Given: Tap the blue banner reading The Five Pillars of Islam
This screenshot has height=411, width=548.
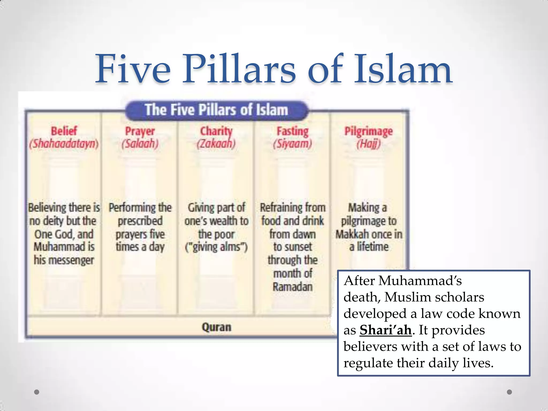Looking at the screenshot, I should [x=216, y=110].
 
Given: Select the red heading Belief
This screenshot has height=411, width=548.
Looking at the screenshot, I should [x=64, y=131].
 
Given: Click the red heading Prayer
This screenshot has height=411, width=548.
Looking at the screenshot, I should [x=140, y=131].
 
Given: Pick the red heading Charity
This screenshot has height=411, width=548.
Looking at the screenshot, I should [x=216, y=131].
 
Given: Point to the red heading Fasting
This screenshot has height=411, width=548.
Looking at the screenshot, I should [x=292, y=131].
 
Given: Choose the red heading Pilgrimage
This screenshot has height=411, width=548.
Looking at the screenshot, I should [x=368, y=131].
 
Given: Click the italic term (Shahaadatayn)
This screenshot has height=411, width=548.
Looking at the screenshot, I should [x=64, y=144].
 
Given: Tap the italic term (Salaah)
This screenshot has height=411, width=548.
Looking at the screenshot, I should [x=140, y=144].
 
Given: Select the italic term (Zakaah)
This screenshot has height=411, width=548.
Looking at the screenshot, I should [x=216, y=144].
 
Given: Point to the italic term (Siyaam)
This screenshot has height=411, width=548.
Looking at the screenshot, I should [x=292, y=144].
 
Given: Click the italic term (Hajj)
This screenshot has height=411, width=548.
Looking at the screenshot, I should [x=368, y=144].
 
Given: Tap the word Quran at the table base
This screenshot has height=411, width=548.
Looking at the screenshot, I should [x=216, y=327].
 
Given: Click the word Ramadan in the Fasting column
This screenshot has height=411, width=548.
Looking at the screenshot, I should [x=292, y=287].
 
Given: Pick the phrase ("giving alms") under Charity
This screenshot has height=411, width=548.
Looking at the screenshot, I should [x=216, y=247].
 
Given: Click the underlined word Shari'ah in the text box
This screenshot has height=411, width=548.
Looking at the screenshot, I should [x=385, y=330].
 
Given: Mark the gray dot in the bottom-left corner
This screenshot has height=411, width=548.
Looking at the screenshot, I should [x=37, y=392].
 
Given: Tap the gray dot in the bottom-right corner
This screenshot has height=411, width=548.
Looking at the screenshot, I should [x=509, y=392].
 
